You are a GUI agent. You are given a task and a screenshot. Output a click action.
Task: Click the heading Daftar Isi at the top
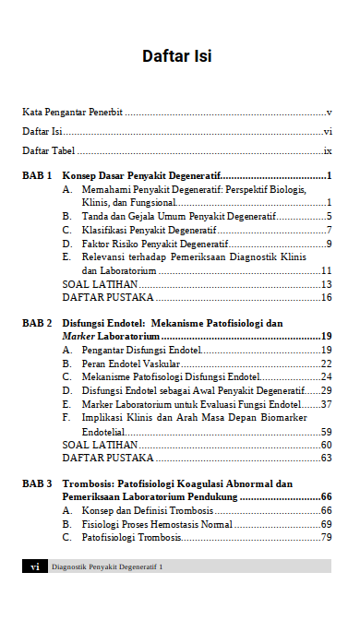pyautogui.click(x=177, y=56)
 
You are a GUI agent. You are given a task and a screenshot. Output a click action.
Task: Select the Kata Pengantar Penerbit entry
pyautogui.click(x=73, y=112)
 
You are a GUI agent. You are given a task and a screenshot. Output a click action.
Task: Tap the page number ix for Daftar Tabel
pyautogui.click(x=327, y=150)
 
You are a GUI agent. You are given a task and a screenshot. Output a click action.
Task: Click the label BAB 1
pyautogui.click(x=37, y=175)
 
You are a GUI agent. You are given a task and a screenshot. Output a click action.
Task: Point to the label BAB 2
pyautogui.click(x=37, y=324)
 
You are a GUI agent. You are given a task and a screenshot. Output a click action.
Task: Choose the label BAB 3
pyautogui.click(x=37, y=483)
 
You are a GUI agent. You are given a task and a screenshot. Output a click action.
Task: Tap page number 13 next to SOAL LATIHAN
pyautogui.click(x=326, y=284)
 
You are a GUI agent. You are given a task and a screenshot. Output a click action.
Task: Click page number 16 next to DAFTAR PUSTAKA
pyautogui.click(x=326, y=297)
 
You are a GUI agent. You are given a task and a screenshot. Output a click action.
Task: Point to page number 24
pyautogui.click(x=326, y=377)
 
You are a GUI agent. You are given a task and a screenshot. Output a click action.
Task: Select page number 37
pyautogui.click(x=326, y=404)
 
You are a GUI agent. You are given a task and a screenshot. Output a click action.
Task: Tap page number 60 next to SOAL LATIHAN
pyautogui.click(x=326, y=445)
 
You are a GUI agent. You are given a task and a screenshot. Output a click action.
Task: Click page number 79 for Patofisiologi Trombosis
pyautogui.click(x=326, y=537)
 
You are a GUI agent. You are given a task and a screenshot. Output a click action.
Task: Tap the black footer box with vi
pyautogui.click(x=34, y=566)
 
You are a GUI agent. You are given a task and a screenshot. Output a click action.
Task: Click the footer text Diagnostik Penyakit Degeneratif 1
pyautogui.click(x=107, y=566)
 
